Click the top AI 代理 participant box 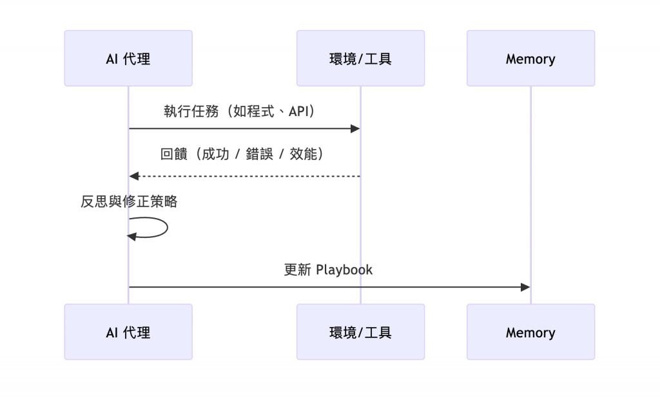coord(128,59)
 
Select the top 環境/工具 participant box coord(360,59)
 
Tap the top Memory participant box coord(530,59)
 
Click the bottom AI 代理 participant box coord(128,332)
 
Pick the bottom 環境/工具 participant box coord(360,332)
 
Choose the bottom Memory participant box coord(530,332)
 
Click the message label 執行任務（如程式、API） coord(240,111)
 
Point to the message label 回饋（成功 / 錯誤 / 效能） coord(242,154)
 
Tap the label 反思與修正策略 coord(129,201)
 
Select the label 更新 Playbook coord(329,270)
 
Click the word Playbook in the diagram coord(345,270)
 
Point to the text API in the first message coord(298,111)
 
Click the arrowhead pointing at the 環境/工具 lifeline coord(355,129)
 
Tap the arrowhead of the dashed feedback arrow coord(133,176)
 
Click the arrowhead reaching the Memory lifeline coord(525,287)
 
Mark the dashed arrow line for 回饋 coord(245,176)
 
